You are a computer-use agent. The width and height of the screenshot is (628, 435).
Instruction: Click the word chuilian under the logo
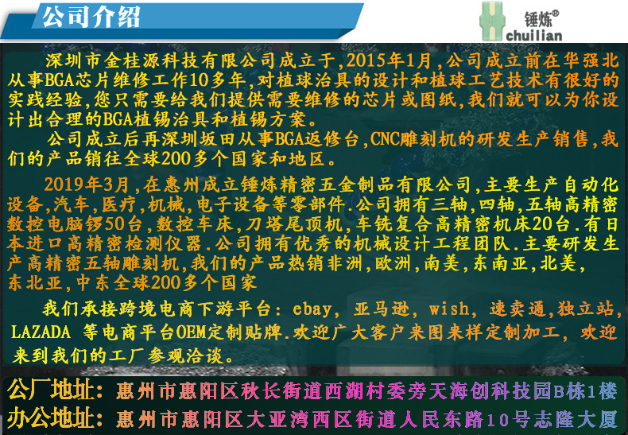click(x=533, y=35)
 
